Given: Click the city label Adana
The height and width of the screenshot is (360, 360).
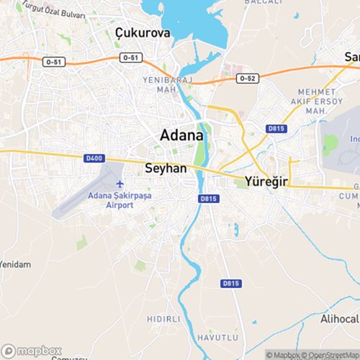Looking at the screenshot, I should [181, 135].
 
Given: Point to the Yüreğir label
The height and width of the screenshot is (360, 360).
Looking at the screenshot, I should [266, 181].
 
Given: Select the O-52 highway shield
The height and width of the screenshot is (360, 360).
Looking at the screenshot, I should [247, 77].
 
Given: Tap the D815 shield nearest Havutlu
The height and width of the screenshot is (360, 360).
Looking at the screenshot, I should [230, 284].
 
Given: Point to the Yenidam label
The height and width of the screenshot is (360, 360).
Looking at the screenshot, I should [15, 264].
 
